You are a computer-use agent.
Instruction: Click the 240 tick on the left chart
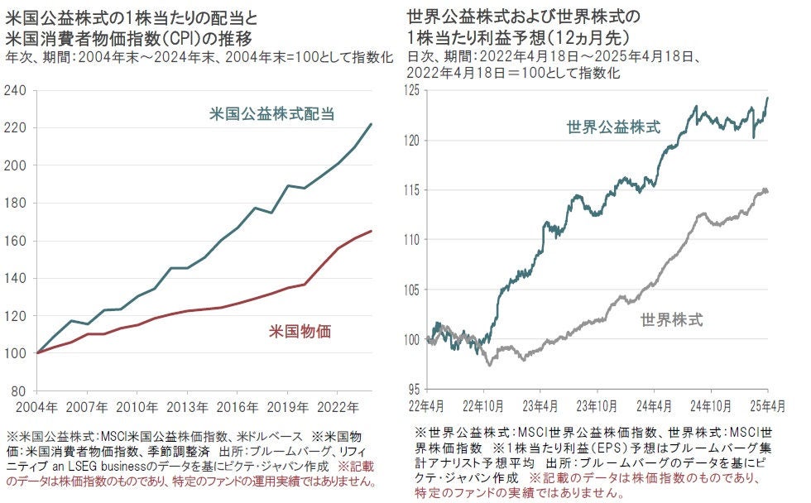[16, 90]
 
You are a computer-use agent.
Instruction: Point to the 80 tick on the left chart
[19, 391]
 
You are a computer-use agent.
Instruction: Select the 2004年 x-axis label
[36, 407]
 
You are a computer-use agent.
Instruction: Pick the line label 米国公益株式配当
[272, 114]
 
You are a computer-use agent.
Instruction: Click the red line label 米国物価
[300, 333]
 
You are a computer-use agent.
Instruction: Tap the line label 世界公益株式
[613, 127]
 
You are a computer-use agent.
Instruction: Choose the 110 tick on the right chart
[413, 239]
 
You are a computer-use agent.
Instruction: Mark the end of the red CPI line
[371, 231]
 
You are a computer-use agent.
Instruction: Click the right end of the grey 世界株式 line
[767, 192]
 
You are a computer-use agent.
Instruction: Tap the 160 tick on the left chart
[16, 241]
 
